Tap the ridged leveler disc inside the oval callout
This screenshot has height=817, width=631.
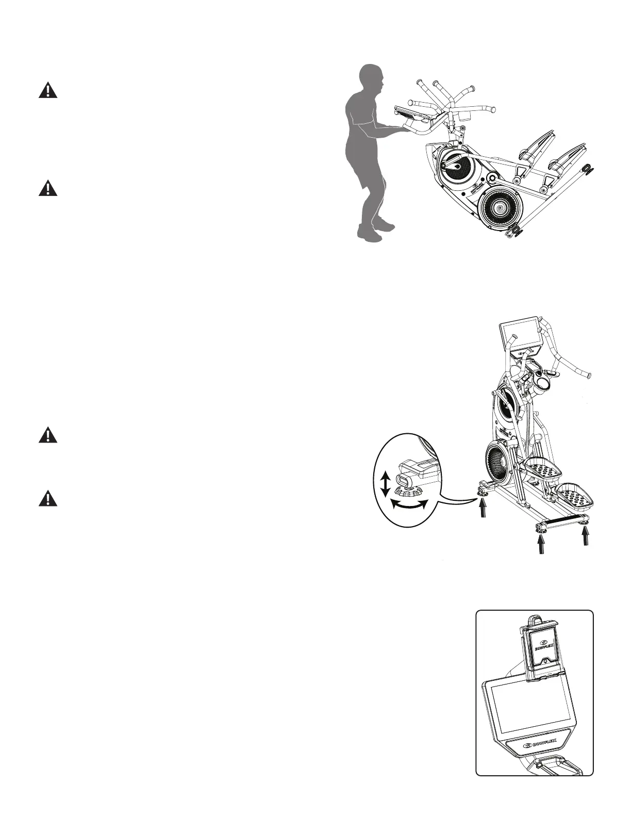pos(407,488)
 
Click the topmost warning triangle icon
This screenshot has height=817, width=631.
pos(48,91)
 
